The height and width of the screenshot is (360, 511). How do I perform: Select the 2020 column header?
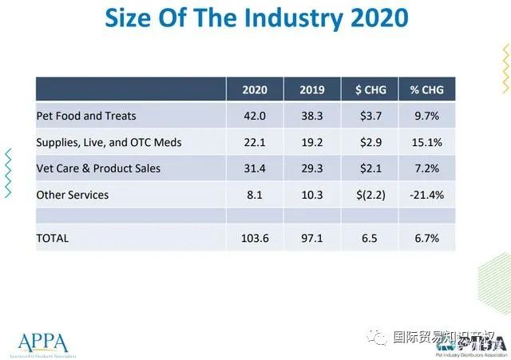tap(255, 89)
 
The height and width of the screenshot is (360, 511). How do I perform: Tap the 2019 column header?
tap(311, 89)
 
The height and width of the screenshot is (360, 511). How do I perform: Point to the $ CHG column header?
tap(369, 89)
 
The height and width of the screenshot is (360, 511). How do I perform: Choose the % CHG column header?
tap(426, 89)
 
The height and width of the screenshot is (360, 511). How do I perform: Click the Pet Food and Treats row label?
tap(86, 116)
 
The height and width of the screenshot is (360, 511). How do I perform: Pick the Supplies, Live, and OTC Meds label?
tap(109, 142)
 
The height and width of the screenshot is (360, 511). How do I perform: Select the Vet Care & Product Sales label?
tap(98, 168)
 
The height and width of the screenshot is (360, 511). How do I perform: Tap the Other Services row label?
tap(73, 195)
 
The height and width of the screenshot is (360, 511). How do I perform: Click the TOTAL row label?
tap(53, 238)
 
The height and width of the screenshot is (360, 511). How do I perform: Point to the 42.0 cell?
tap(255, 116)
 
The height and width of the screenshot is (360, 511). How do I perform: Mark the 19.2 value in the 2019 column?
tap(311, 142)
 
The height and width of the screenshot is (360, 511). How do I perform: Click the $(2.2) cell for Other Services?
tap(369, 195)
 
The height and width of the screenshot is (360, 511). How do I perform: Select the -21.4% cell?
tap(426, 195)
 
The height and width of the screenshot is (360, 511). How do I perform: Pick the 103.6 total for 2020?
tap(255, 238)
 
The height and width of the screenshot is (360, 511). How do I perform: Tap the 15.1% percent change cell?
tap(426, 142)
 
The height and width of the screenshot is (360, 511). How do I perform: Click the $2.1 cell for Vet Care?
tap(369, 168)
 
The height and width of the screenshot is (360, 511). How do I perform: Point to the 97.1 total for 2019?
tap(311, 238)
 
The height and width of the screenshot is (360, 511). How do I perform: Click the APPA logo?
tap(40, 342)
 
